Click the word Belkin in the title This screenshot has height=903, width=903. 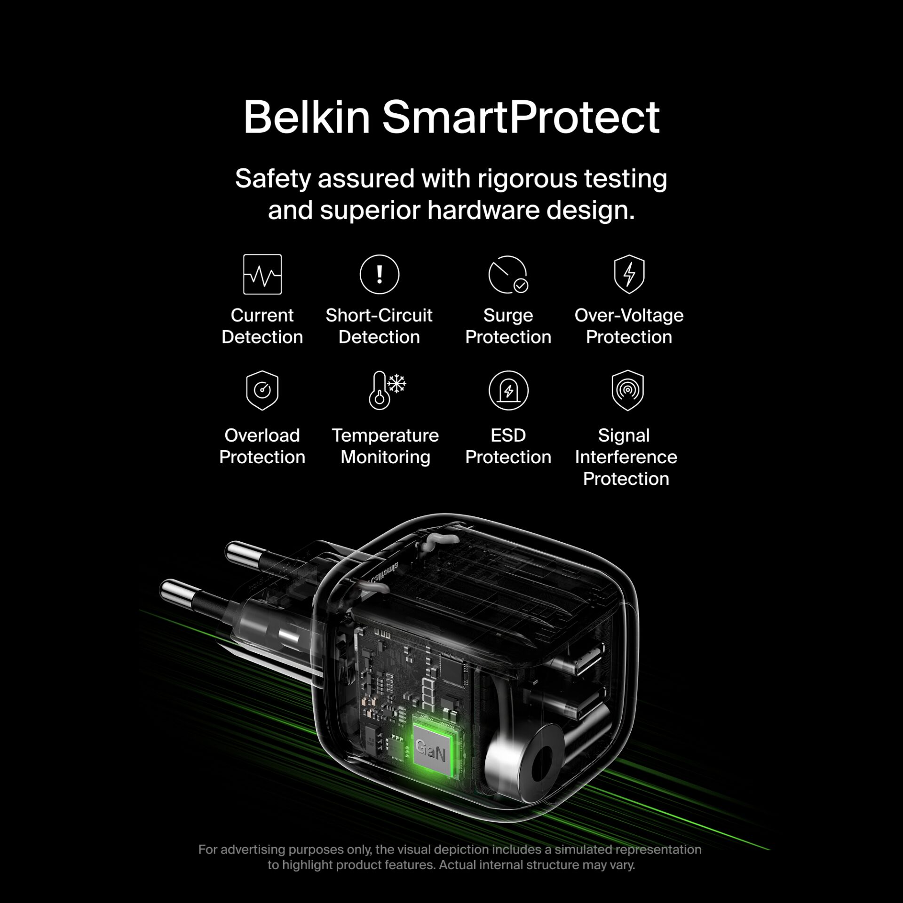307,117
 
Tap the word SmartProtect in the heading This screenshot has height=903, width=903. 521,117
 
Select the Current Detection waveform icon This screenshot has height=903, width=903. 262,274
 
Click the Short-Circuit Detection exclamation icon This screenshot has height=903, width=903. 379,274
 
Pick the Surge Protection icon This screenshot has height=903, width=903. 508,275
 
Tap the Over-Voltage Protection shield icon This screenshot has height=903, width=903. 629,274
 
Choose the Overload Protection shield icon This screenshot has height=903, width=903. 262,390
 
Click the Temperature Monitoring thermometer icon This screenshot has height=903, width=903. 387,390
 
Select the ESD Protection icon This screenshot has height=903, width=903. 508,390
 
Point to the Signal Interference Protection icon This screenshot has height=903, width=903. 627,390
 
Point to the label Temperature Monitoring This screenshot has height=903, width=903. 385,446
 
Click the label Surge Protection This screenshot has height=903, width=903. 508,326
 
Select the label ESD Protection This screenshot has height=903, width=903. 508,446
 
